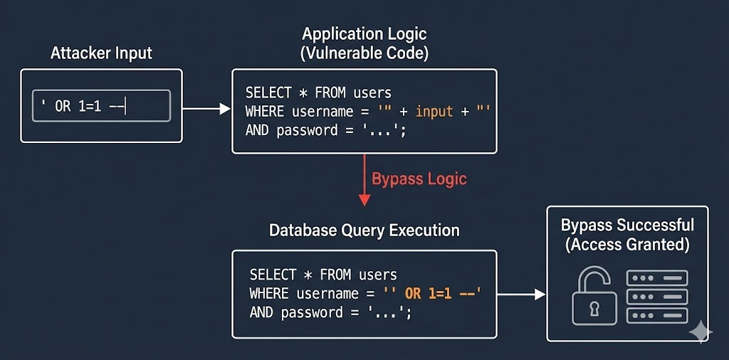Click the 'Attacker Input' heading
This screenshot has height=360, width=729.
[x=101, y=53]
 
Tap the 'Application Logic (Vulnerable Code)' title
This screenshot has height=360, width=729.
[x=365, y=43]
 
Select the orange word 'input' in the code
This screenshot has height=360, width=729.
[x=434, y=112]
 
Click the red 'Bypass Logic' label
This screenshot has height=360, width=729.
[x=419, y=178]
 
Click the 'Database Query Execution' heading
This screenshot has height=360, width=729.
[x=364, y=231]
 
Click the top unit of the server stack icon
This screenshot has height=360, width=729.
[x=656, y=278]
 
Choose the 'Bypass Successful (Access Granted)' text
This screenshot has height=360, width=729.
[x=626, y=235]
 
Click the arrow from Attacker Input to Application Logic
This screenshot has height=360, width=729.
[x=206, y=109]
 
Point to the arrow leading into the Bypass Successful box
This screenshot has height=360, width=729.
[x=521, y=294]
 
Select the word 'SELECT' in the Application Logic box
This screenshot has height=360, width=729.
[x=268, y=93]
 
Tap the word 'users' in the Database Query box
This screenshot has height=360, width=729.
[x=378, y=275]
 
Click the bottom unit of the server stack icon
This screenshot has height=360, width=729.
[x=656, y=315]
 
